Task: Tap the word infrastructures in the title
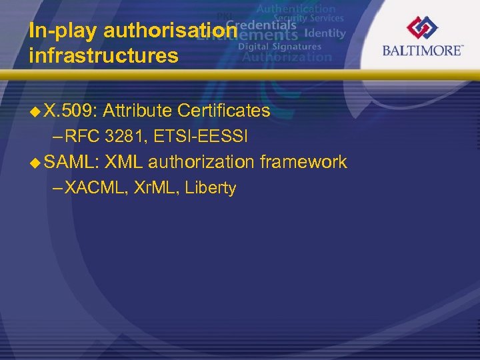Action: [x=103, y=56]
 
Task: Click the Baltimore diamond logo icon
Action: [x=422, y=27]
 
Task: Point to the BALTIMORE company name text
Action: [x=422, y=50]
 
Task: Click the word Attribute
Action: [x=137, y=111]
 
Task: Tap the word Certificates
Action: [x=223, y=111]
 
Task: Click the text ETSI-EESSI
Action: [x=201, y=137]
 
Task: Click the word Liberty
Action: [x=211, y=188]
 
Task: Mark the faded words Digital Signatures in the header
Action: [x=279, y=47]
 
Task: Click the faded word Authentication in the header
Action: [x=296, y=9]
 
